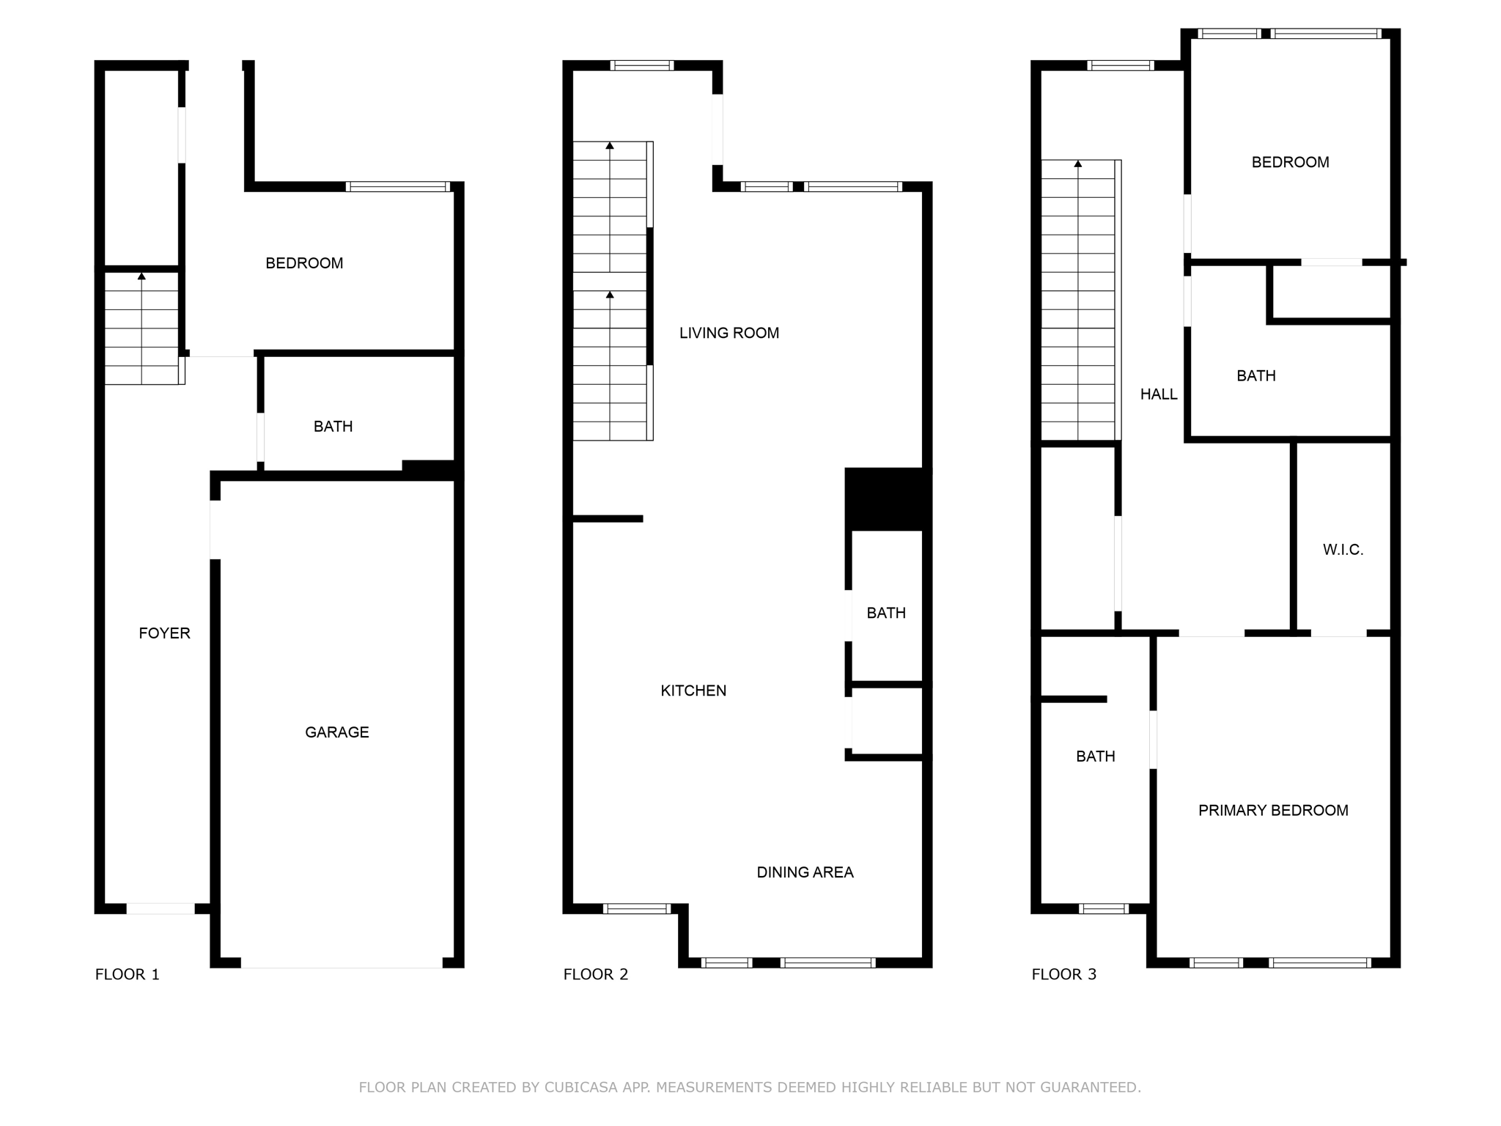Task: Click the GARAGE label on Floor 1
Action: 336,732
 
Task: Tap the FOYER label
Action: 164,633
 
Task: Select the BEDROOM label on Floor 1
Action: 303,262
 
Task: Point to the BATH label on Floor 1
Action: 333,426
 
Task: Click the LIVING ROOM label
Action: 729,333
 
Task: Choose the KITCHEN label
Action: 693,690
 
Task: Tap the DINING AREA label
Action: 805,872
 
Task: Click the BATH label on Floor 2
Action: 885,612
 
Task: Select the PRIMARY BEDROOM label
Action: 1272,810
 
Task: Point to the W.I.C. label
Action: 1343,549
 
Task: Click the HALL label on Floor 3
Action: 1158,394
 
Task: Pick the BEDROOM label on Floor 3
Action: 1290,162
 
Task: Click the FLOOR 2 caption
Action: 595,974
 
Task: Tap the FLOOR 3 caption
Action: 1063,974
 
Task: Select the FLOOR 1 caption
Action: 127,974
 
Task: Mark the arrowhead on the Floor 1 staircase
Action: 141,276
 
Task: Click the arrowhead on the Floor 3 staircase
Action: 1077,163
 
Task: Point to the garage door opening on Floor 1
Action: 342,963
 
